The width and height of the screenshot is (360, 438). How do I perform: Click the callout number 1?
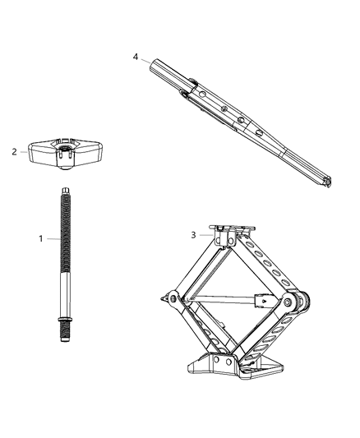point(39,238)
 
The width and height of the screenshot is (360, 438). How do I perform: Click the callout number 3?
point(194,234)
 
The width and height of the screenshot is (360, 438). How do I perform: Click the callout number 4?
point(136,57)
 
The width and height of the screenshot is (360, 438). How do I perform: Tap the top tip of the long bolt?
point(62,191)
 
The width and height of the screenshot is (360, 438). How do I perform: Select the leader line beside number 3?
point(205,234)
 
